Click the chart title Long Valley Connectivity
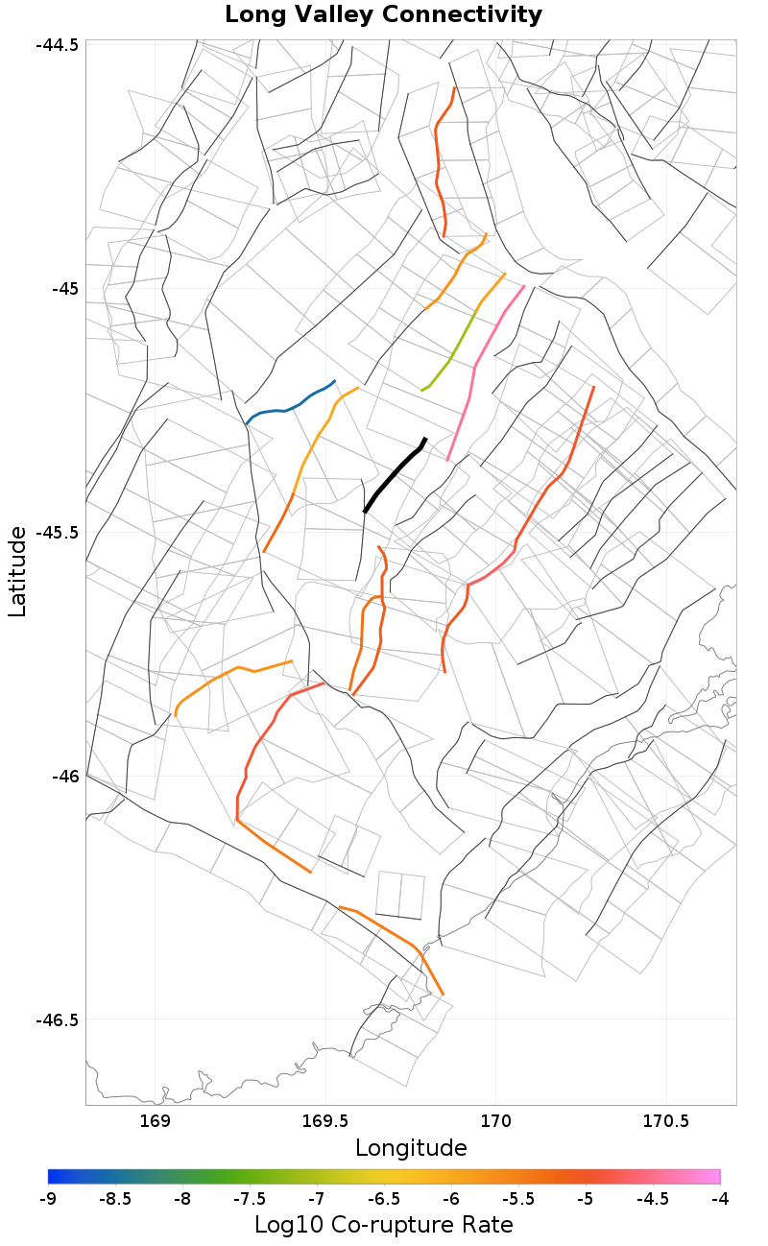(x=383, y=15)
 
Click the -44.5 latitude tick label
(x=58, y=45)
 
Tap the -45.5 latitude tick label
(x=58, y=532)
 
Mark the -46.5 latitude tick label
(x=58, y=1019)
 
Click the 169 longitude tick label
(x=155, y=1120)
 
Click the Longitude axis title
(x=411, y=1148)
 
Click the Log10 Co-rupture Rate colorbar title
(x=384, y=1226)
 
